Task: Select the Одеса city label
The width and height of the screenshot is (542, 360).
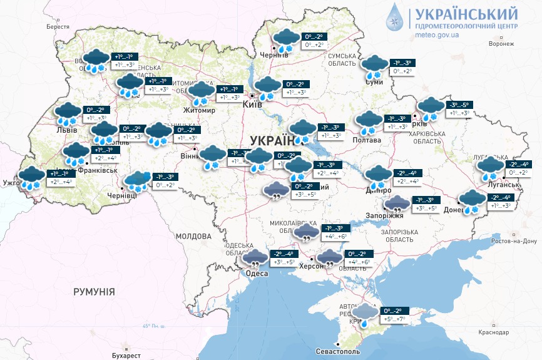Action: coord(257,274)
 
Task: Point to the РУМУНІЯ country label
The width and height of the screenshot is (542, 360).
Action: coord(94,292)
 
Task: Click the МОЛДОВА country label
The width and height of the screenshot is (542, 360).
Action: coord(193,236)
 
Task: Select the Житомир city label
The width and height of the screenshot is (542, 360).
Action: coord(199,111)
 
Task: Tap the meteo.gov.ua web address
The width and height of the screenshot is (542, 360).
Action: coord(437,35)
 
